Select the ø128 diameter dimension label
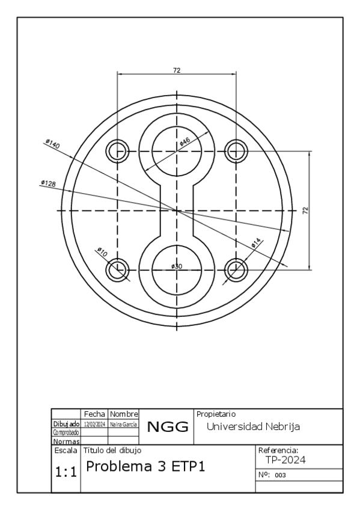pos(48,183)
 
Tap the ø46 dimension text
pos(185,141)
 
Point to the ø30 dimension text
pos(177,266)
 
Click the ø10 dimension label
pos(102,253)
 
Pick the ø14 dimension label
pos(256,242)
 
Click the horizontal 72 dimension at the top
pos(177,70)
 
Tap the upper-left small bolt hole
pos(117,151)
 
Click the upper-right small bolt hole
pos(236,151)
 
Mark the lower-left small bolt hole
pos(117,269)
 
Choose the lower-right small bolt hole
pos(236,269)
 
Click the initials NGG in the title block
pos(168,428)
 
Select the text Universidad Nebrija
pos(253,426)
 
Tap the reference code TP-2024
pos(287,460)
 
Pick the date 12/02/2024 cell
pos(94,425)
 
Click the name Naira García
pos(123,425)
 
